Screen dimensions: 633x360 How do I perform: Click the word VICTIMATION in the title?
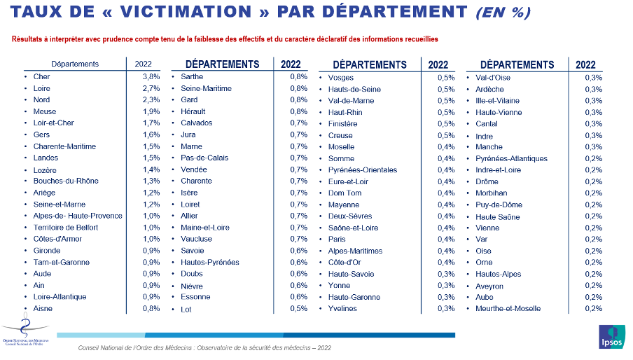(x=186, y=12)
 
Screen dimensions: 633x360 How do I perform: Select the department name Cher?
(x=41, y=76)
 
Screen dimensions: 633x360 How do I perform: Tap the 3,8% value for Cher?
(x=151, y=76)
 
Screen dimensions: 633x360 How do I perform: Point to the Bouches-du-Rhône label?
(x=66, y=181)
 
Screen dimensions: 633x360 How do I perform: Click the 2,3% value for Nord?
(x=151, y=99)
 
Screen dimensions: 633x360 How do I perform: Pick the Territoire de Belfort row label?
(x=66, y=227)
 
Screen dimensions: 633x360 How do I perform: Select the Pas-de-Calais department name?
(x=204, y=158)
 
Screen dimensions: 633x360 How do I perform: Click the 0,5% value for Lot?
(x=299, y=308)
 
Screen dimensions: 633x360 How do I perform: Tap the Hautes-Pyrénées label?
(x=210, y=263)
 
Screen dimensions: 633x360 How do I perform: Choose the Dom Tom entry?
(x=345, y=193)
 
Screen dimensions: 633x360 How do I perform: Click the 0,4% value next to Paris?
(x=446, y=239)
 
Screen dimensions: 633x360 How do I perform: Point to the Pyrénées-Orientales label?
(x=363, y=170)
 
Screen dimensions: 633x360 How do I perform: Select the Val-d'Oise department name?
(x=493, y=78)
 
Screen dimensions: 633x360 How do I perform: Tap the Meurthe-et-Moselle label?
(x=508, y=308)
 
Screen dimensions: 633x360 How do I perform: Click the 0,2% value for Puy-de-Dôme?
(x=594, y=205)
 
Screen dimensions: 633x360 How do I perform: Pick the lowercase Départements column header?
(x=75, y=64)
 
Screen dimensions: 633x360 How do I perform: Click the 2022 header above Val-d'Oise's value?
(x=585, y=65)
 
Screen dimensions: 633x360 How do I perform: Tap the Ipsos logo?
(x=611, y=337)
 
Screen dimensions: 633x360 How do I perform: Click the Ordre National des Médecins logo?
(x=25, y=330)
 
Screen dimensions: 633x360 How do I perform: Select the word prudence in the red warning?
(x=118, y=39)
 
